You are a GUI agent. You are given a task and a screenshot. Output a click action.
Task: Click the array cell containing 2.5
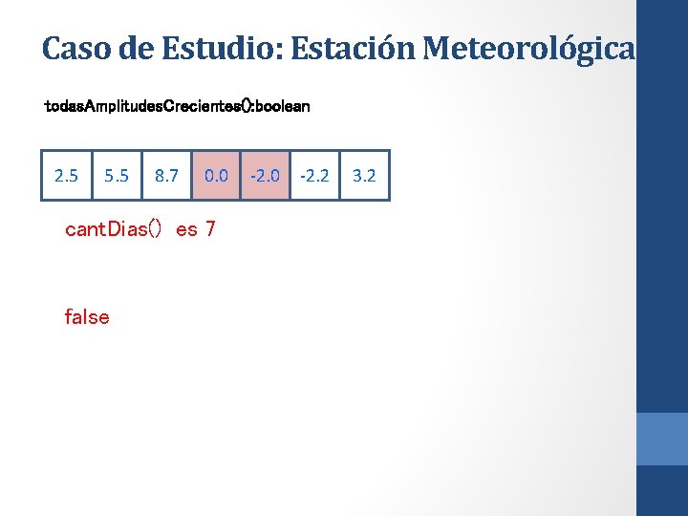tap(67, 176)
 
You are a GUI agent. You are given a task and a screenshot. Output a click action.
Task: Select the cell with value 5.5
tap(117, 176)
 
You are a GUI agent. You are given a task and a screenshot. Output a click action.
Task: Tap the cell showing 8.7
tap(166, 176)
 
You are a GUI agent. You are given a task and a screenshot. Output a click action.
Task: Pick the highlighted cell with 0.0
tap(216, 176)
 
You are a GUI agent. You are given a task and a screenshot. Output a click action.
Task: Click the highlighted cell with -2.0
tap(265, 176)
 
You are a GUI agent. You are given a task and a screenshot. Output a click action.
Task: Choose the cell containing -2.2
tap(314, 176)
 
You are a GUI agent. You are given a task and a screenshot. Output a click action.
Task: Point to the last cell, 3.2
tap(364, 176)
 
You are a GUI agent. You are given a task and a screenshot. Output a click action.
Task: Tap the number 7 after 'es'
tap(210, 230)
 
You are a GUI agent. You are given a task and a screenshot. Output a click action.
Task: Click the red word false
tap(87, 317)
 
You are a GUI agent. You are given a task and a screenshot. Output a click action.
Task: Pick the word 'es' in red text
tap(186, 230)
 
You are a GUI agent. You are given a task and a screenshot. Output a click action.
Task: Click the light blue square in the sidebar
tap(661, 439)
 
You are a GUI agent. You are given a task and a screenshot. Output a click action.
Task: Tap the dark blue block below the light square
tap(661, 490)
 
